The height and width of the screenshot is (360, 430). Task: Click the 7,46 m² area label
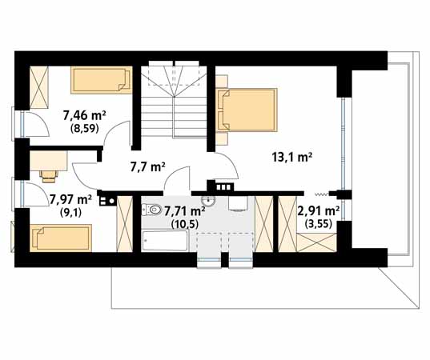point(84,115)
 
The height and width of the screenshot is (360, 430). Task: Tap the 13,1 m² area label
point(292,158)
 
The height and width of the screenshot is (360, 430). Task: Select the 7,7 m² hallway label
point(147,166)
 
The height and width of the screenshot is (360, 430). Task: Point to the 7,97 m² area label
point(70,200)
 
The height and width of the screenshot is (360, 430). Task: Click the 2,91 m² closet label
point(319,211)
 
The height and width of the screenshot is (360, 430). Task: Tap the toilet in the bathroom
point(151,210)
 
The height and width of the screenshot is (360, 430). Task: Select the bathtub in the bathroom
point(165,240)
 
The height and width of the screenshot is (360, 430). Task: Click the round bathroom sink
point(208,201)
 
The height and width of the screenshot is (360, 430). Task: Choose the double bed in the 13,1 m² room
point(247,110)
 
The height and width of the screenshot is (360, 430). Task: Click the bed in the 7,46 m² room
point(102,80)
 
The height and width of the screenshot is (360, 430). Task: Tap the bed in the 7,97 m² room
point(61,238)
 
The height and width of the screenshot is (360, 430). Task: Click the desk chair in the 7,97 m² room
point(49,176)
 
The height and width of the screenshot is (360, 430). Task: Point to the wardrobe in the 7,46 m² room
point(39,87)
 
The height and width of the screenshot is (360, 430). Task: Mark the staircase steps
point(174,99)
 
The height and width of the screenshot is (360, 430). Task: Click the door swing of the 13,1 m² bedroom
point(227,166)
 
